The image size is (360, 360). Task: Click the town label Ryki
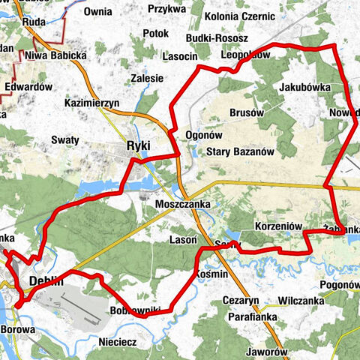140,146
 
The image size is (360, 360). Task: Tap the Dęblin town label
43,282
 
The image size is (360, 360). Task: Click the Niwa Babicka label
56,55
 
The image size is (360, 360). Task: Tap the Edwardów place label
28,87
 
